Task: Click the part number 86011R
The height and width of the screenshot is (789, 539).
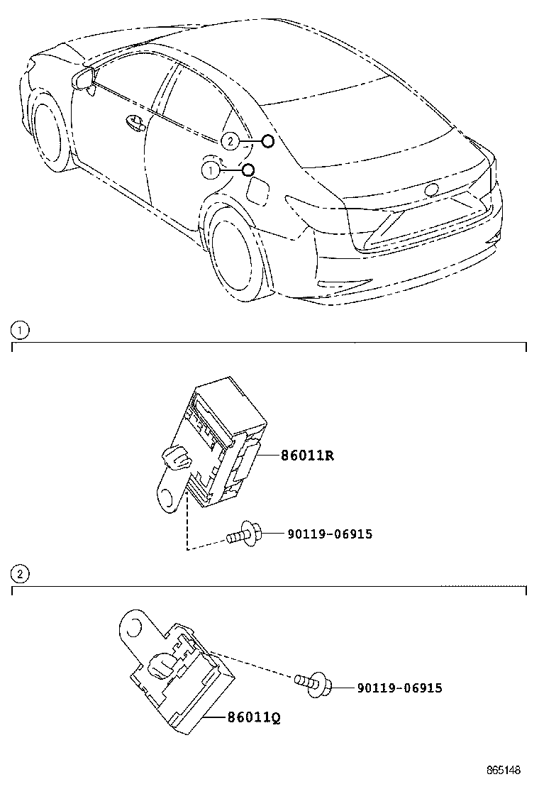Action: click(x=307, y=456)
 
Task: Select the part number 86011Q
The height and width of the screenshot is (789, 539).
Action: click(x=254, y=717)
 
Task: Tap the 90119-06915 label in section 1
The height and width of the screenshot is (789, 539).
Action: click(x=330, y=534)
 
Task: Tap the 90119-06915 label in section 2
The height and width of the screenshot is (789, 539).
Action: click(x=400, y=688)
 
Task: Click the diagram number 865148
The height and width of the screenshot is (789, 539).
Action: click(x=504, y=770)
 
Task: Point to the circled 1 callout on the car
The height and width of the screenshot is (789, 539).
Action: click(x=211, y=170)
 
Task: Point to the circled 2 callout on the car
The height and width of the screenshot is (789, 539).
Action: click(x=230, y=141)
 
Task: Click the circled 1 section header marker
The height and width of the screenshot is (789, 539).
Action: click(x=20, y=331)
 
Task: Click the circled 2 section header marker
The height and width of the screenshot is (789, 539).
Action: click(x=20, y=573)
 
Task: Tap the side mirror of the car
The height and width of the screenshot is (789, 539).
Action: click(x=85, y=80)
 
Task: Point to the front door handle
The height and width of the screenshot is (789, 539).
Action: click(x=135, y=123)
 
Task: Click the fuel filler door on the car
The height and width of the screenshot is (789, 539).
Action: click(x=258, y=191)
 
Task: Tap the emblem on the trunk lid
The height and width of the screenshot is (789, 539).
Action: click(x=431, y=189)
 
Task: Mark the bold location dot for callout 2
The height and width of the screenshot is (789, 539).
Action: click(x=268, y=141)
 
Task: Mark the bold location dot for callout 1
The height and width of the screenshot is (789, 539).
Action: click(x=248, y=170)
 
